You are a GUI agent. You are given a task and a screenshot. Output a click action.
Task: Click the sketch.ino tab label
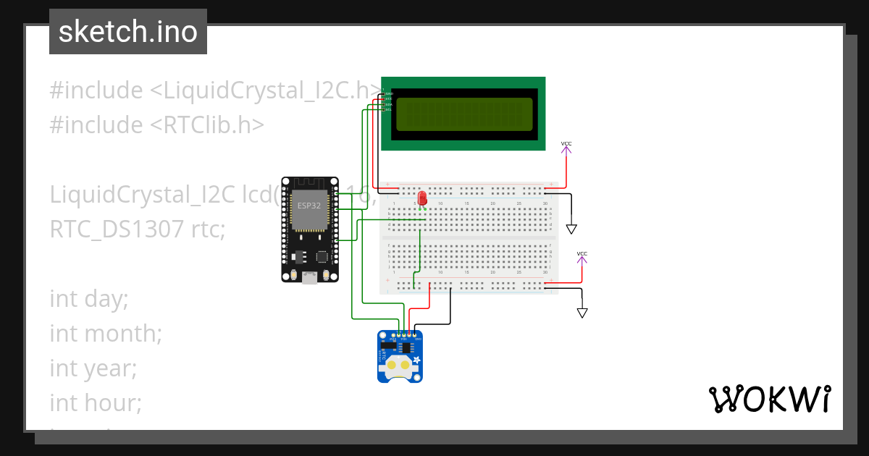[128, 32]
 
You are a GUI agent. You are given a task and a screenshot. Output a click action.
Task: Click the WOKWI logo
[768, 400]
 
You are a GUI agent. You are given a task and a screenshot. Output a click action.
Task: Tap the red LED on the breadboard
[422, 198]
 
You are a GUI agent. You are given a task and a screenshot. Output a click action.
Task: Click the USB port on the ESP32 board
[309, 276]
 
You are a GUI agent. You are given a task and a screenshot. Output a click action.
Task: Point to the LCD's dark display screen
[463, 114]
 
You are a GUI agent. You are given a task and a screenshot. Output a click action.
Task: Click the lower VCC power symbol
[582, 258]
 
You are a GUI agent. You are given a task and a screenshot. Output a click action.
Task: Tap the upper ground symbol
[571, 229]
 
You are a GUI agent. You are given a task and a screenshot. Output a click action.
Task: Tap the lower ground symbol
[582, 313]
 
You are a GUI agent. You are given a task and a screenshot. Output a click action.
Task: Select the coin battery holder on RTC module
[398, 365]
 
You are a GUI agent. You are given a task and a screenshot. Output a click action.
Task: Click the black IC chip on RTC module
[408, 348]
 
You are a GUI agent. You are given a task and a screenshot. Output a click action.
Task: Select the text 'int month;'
[106, 334]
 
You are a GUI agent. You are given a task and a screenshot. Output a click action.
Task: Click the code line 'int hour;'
[96, 402]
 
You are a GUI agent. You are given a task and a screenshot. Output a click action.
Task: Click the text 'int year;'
[93, 368]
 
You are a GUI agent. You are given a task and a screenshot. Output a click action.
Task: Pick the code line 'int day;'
[88, 298]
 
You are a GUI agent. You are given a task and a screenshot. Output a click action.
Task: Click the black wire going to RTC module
[450, 308]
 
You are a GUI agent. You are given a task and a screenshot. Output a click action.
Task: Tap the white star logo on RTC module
[418, 360]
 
